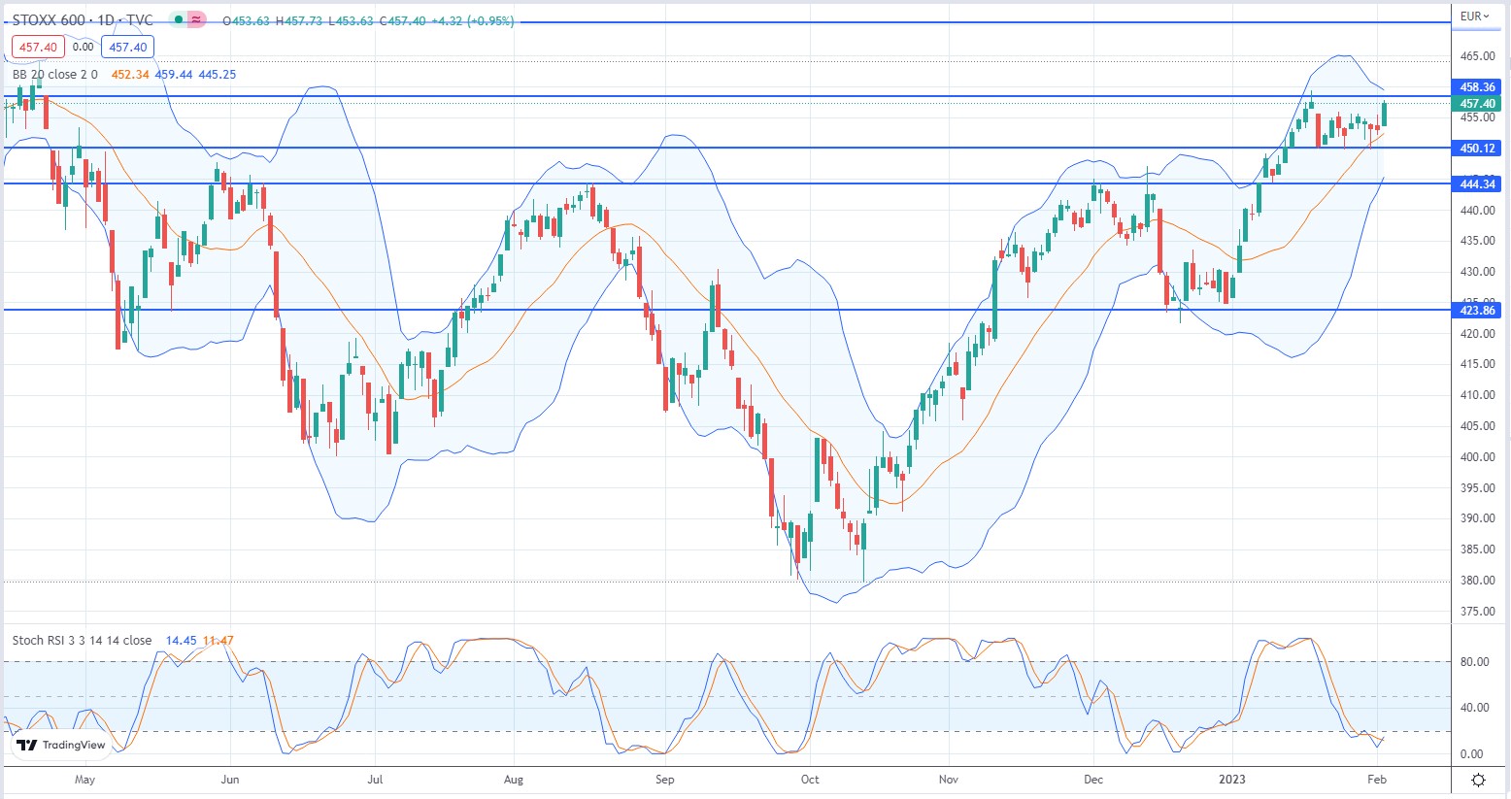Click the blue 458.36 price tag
click(1477, 87)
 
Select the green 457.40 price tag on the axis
click(1477, 104)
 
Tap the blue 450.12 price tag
click(1477, 149)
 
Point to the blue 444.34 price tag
click(1477, 183)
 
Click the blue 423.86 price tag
click(1477, 311)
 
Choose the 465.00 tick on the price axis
click(1477, 56)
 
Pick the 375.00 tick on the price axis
click(1477, 612)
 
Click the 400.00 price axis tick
click(1477, 457)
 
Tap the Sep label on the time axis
click(664, 780)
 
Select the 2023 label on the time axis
click(1232, 780)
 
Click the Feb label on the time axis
click(1376, 780)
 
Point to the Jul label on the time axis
click(376, 780)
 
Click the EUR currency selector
click(1474, 17)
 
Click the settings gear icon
click(1478, 781)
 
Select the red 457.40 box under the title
click(39, 47)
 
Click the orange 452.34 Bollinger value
click(130, 75)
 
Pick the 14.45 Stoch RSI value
click(181, 641)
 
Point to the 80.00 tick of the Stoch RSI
click(1474, 662)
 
